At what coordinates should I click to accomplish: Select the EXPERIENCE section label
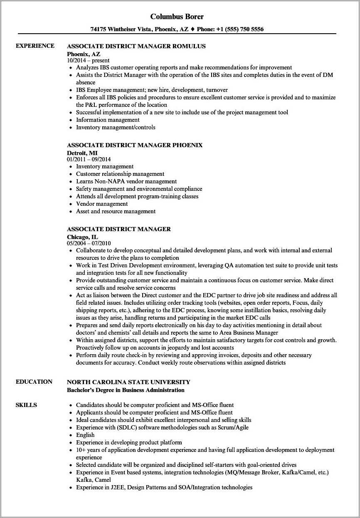pyautogui.click(x=35, y=46)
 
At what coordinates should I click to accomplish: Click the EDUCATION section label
pyautogui.click(x=34, y=382)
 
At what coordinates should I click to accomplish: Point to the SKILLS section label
pyautogui.click(x=26, y=405)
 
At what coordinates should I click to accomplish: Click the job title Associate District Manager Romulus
pyautogui.click(x=136, y=46)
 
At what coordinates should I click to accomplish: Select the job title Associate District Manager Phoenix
pyautogui.click(x=135, y=145)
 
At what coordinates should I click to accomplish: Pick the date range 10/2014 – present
pyautogui.click(x=88, y=60)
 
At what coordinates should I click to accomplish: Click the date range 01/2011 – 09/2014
pyautogui.click(x=89, y=159)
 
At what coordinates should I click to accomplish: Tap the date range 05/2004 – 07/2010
pyautogui.click(x=89, y=243)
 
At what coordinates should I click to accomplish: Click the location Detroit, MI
pyautogui.click(x=82, y=153)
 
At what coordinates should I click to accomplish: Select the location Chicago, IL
pyautogui.click(x=82, y=237)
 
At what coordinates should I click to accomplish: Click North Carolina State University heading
pyautogui.click(x=128, y=382)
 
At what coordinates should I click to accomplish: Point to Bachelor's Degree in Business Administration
pyautogui.click(x=126, y=390)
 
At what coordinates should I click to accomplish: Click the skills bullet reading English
pyautogui.click(x=85, y=435)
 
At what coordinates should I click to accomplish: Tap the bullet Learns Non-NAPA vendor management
pyautogui.click(x=126, y=181)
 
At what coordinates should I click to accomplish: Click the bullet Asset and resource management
pyautogui.click(x=116, y=211)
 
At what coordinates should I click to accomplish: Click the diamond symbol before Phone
pyautogui.click(x=192, y=29)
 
